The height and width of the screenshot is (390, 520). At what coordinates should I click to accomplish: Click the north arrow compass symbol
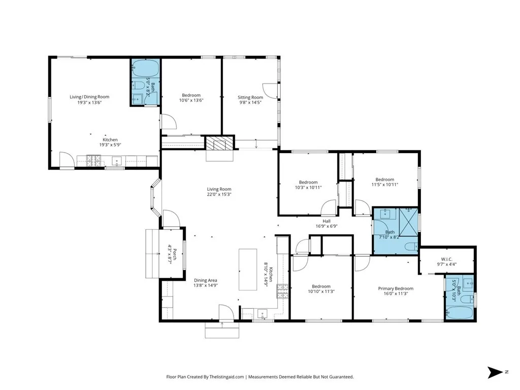[495, 372]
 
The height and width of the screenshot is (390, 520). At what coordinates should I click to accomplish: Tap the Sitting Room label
[250, 97]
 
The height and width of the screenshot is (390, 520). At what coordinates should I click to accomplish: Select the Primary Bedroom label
[396, 288]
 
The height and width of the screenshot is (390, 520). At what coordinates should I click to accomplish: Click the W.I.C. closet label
[447, 259]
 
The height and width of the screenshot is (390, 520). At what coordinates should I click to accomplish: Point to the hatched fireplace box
[215, 143]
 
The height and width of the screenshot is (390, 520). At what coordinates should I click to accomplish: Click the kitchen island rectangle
[248, 269]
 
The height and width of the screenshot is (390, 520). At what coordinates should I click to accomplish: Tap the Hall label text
[327, 221]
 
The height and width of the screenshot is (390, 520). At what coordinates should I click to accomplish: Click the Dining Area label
[206, 280]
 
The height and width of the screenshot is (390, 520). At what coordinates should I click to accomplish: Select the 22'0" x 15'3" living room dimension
[219, 194]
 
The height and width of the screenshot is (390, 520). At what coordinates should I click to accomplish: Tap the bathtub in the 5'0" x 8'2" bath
[146, 69]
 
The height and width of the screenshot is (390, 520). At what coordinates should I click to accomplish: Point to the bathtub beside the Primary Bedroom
[459, 313]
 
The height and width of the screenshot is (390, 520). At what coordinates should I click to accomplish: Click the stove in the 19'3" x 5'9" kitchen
[93, 161]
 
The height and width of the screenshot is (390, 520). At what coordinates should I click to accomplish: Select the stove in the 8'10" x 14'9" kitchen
[282, 291]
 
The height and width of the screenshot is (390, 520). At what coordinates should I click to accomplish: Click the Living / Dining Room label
[89, 97]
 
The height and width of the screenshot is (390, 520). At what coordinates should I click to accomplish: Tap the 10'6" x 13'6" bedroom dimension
[191, 100]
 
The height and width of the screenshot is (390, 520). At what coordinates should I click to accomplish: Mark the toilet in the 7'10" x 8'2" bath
[411, 247]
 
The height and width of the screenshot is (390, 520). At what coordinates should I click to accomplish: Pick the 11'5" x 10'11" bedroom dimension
[385, 185]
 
